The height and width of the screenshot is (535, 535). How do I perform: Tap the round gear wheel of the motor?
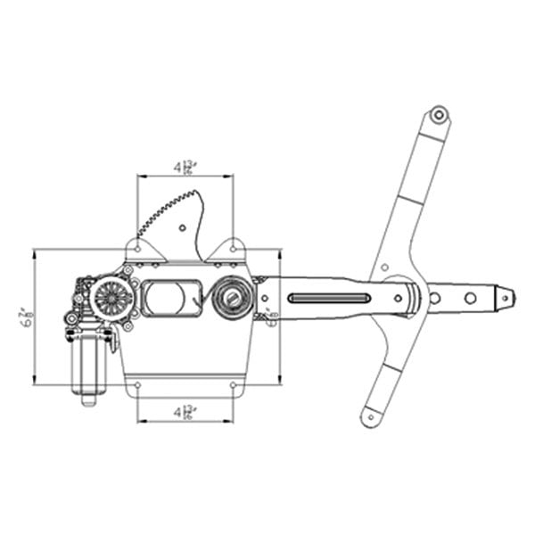pos(113,297)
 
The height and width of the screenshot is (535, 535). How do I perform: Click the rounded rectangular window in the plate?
pos(171,297)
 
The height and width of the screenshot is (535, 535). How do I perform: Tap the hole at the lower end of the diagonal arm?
pos(370,414)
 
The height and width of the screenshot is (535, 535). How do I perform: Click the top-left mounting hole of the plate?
pos(138,247)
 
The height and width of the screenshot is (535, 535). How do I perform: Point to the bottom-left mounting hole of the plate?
pos(138,385)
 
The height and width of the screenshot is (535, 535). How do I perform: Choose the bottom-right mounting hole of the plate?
pos(234,385)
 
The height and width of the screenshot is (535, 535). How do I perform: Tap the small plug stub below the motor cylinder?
pos(88,399)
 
